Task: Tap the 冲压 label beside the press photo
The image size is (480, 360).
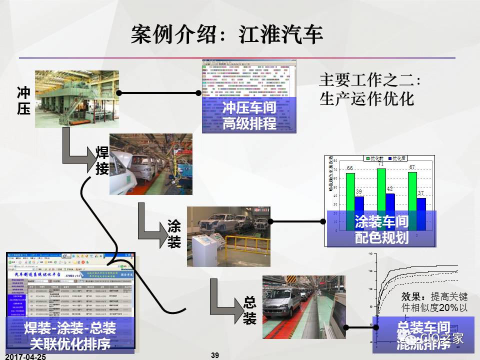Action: (23, 100)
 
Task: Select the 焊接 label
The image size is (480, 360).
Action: (101, 160)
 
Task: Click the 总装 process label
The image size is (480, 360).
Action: (249, 310)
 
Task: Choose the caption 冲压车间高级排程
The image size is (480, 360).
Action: (249, 115)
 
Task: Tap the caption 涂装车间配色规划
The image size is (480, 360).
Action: (381, 229)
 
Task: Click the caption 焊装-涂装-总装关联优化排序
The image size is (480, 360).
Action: (70, 336)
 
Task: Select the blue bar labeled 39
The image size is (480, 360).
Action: (359, 210)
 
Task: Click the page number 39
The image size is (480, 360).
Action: (215, 355)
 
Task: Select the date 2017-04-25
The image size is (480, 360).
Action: (25, 356)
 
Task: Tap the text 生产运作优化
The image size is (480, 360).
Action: (366, 98)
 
